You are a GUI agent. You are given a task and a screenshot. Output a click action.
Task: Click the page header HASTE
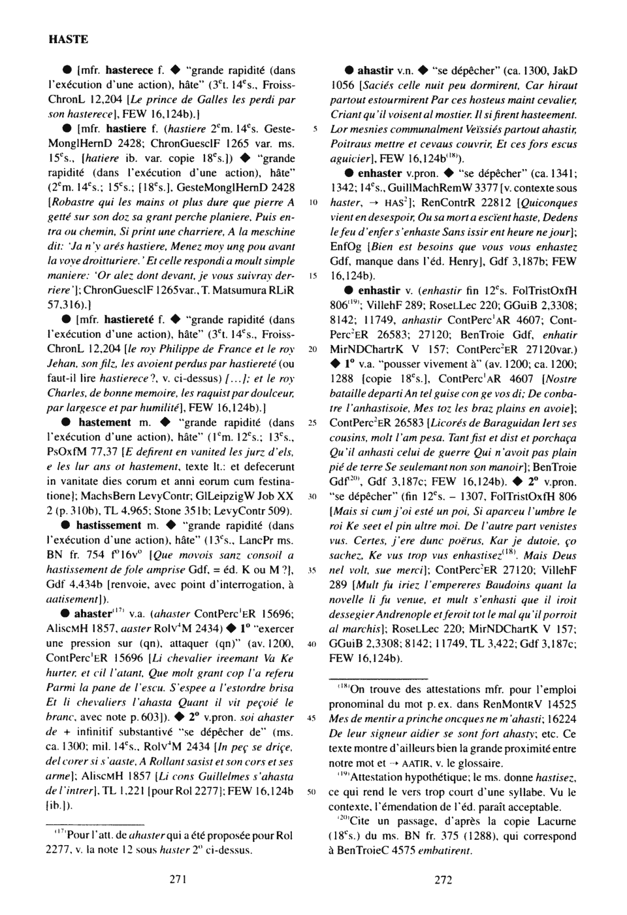69,39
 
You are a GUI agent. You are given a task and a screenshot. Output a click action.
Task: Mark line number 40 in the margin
313,644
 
